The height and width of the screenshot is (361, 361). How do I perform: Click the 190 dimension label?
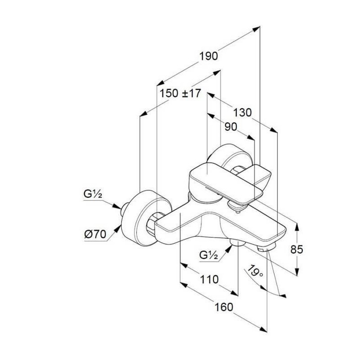[x=208, y=56]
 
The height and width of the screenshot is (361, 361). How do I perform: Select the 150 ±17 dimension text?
[x=180, y=93]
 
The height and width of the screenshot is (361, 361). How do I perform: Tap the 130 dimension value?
[x=242, y=113]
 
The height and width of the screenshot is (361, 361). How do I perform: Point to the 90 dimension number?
[x=231, y=127]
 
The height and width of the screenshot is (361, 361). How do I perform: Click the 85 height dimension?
[x=297, y=249]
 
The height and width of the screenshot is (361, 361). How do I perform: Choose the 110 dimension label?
[x=209, y=279]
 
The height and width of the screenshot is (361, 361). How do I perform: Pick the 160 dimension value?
[x=224, y=307]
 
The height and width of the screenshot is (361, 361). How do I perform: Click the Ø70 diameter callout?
[x=95, y=234]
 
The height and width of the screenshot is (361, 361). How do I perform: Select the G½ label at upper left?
[x=93, y=194]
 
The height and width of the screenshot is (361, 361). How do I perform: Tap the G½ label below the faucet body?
[x=208, y=255]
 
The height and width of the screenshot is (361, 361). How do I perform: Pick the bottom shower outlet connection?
[x=238, y=243]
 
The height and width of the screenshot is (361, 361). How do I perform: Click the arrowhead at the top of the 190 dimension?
[x=256, y=29]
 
